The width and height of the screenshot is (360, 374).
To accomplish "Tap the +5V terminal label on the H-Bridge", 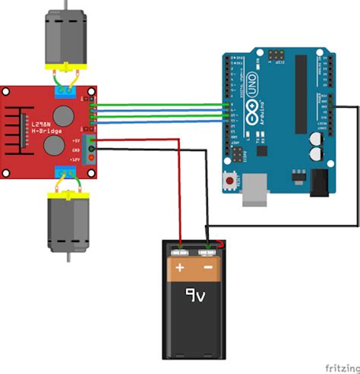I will point(76,140).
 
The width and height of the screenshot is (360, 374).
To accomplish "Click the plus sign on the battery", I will point(179,268).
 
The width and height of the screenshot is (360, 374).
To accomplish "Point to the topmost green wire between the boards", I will point(159,105).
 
